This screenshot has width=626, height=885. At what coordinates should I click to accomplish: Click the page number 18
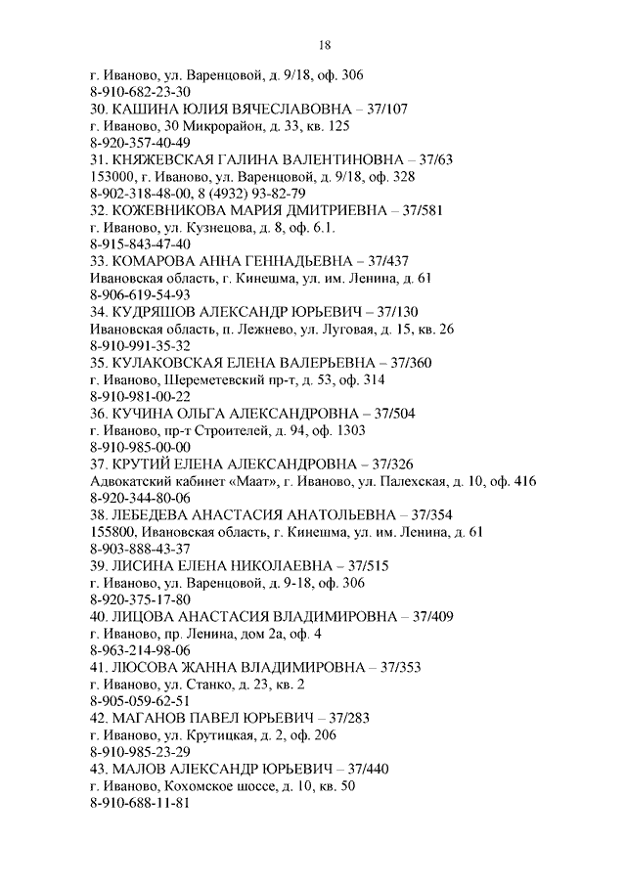(x=326, y=44)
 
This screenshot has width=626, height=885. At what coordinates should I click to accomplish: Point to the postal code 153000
(x=111, y=176)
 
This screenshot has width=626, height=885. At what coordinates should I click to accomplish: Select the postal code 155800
(x=111, y=531)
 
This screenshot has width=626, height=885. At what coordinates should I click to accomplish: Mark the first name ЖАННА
(x=201, y=667)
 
